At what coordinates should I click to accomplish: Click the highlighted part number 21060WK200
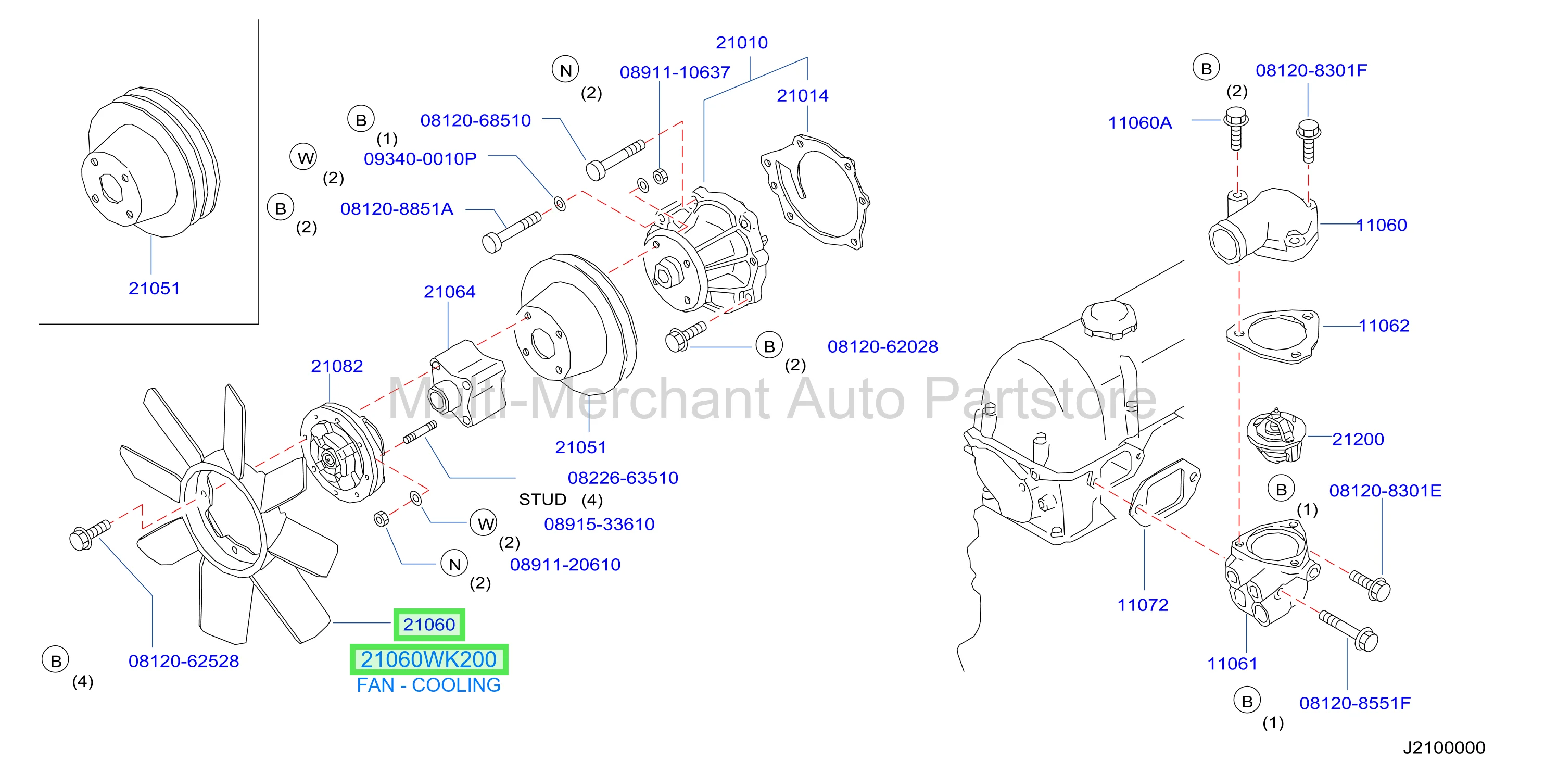point(429,659)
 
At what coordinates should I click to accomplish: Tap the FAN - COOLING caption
point(429,685)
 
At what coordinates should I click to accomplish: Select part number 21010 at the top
point(741,43)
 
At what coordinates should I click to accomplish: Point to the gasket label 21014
point(803,95)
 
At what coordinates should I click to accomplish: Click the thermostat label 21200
point(1358,439)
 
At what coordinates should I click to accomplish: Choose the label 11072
point(1143,605)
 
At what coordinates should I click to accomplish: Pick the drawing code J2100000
point(1444,748)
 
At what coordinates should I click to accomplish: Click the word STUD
point(542,500)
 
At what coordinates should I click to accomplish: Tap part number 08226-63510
point(623,478)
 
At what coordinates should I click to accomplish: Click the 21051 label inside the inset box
point(154,288)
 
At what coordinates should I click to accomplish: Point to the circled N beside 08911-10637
point(565,70)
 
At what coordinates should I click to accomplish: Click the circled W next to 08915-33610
point(485,524)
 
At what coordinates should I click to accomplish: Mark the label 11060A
point(1139,123)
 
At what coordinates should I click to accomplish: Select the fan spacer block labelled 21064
point(468,383)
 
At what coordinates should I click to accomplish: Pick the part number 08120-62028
point(883,346)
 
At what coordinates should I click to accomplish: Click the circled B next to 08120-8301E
point(1281,489)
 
